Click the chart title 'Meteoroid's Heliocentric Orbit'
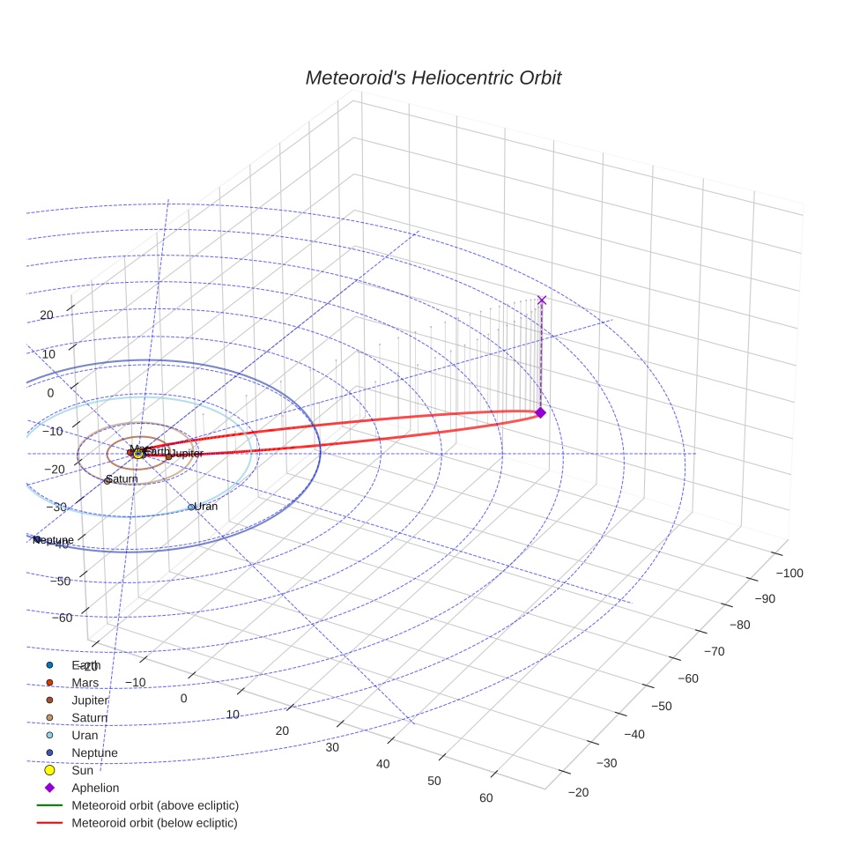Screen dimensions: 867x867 click(x=433, y=78)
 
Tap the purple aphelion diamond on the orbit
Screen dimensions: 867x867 click(x=540, y=412)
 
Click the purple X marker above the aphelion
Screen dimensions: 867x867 click(x=542, y=300)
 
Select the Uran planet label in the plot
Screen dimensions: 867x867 click(x=205, y=507)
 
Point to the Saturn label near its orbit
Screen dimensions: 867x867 click(x=122, y=479)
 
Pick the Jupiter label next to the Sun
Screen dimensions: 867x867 click(x=186, y=453)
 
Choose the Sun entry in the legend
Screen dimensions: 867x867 click(x=82, y=770)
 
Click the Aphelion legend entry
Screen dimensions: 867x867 click(x=95, y=788)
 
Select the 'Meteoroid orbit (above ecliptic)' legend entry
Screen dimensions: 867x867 click(x=155, y=805)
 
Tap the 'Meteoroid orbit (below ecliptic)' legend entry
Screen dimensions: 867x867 click(x=154, y=823)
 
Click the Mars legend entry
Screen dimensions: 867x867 click(x=85, y=683)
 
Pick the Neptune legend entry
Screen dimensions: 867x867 click(x=94, y=752)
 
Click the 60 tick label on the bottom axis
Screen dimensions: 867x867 click(x=485, y=798)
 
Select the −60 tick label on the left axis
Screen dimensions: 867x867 click(x=63, y=618)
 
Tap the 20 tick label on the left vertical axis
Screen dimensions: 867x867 click(x=47, y=315)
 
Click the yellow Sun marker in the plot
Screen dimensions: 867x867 click(x=138, y=454)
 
